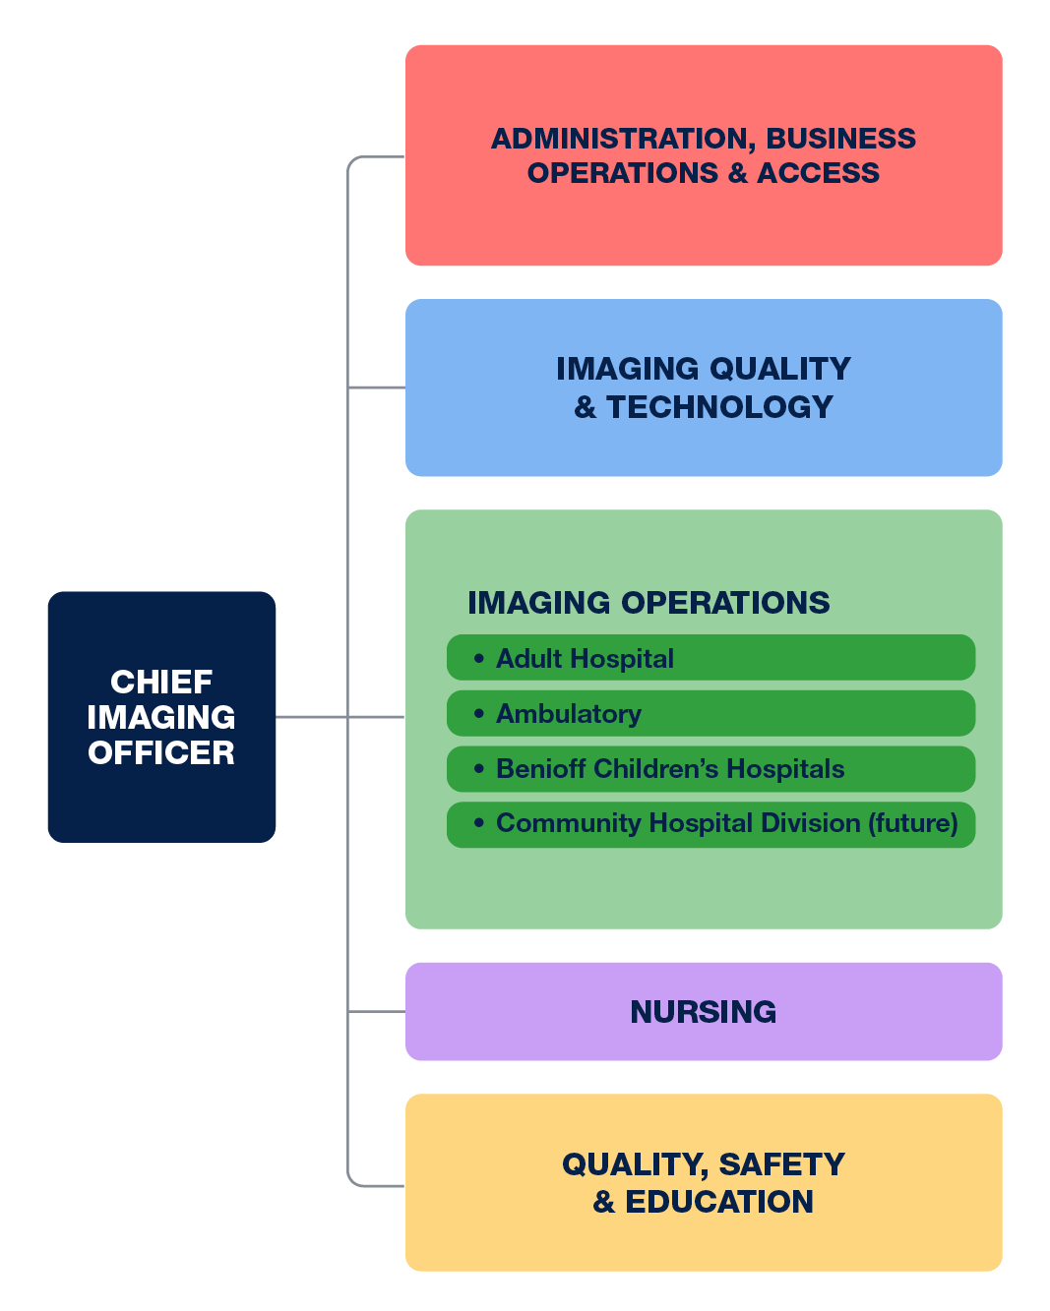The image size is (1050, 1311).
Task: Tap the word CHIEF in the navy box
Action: click(161, 682)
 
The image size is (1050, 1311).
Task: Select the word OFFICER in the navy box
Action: click(161, 752)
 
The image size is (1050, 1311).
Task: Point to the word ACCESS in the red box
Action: click(818, 173)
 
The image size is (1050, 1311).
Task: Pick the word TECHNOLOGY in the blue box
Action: click(719, 407)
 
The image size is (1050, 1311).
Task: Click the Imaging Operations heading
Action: click(649, 603)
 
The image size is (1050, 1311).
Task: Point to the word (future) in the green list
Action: click(913, 823)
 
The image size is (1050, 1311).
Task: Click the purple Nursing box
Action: click(704, 1011)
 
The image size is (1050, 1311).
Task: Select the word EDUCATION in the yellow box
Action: click(719, 1202)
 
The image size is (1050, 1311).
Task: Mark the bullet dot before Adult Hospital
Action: click(479, 658)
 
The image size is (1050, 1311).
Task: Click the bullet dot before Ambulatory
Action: click(479, 713)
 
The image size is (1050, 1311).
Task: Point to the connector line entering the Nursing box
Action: click(378, 1011)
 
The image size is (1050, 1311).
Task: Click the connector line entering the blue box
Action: click(378, 387)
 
